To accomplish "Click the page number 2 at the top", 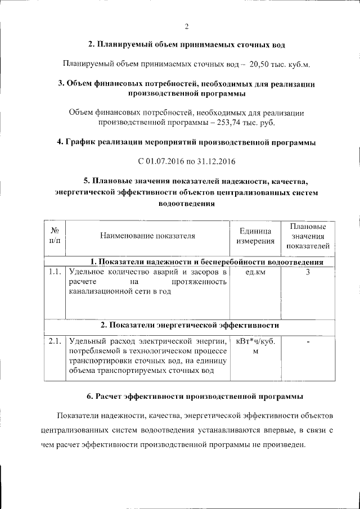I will pyautogui.click(x=186, y=26).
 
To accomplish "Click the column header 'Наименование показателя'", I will pyautogui.click(x=147, y=236).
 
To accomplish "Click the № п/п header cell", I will pyautogui.click(x=55, y=236).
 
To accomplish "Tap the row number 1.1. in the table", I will pyautogui.click(x=55, y=272).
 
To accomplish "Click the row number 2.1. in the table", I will pyautogui.click(x=55, y=341).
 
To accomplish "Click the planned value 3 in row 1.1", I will pyautogui.click(x=308, y=272).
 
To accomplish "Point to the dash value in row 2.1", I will pyautogui.click(x=308, y=341).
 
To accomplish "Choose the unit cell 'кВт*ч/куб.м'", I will pyautogui.click(x=255, y=346).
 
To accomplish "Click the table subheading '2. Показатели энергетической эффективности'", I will pyautogui.click(x=190, y=326).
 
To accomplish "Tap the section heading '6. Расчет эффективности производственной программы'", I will pyautogui.click(x=195, y=396).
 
